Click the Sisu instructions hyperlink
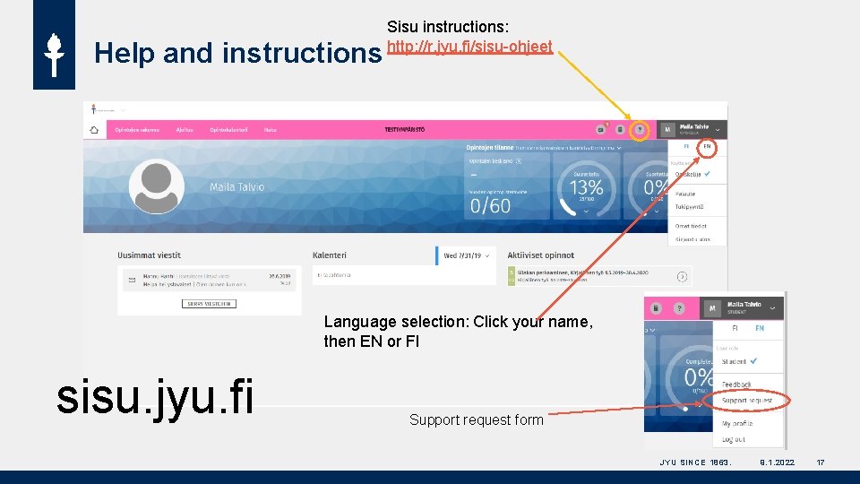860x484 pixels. click(469, 46)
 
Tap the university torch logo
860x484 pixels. click(54, 54)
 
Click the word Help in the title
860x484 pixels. click(125, 54)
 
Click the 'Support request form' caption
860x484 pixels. click(476, 419)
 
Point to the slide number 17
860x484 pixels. click(821, 462)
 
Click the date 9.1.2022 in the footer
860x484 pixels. click(776, 462)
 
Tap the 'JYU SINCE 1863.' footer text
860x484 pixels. click(695, 462)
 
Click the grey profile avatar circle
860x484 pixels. click(156, 187)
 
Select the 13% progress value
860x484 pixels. click(587, 188)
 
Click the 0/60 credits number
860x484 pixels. click(490, 205)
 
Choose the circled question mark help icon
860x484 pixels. click(640, 129)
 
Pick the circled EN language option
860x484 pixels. click(707, 146)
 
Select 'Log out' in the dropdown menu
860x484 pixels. click(734, 439)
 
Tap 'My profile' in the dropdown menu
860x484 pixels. click(737, 423)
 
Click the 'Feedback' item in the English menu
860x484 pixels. click(736, 385)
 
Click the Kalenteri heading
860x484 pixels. click(330, 255)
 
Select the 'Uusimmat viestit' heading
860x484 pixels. click(149, 255)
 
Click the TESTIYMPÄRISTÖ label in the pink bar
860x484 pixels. click(405, 130)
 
